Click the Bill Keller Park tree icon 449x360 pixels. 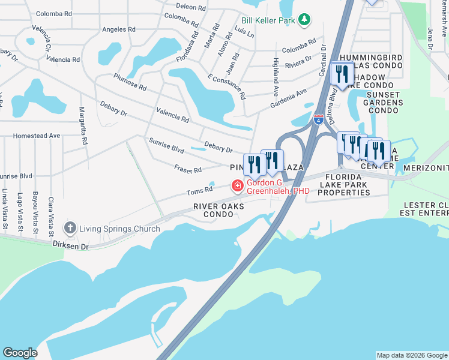pos(304,20)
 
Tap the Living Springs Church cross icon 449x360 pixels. pos(70,228)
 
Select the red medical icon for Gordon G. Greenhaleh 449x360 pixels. pos(238,187)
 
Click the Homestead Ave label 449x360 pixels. pos(37,136)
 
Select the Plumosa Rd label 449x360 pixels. pos(130,82)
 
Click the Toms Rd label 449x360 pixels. pos(199,191)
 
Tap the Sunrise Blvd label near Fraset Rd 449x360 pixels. pos(166,145)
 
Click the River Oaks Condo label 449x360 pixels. pos(218,210)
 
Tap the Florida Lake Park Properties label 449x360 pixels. pos(344,185)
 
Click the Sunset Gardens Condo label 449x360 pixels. pos(384,103)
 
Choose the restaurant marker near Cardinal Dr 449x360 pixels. pos(342,74)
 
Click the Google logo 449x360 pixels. pos(20,353)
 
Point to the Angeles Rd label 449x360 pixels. pos(119,29)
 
